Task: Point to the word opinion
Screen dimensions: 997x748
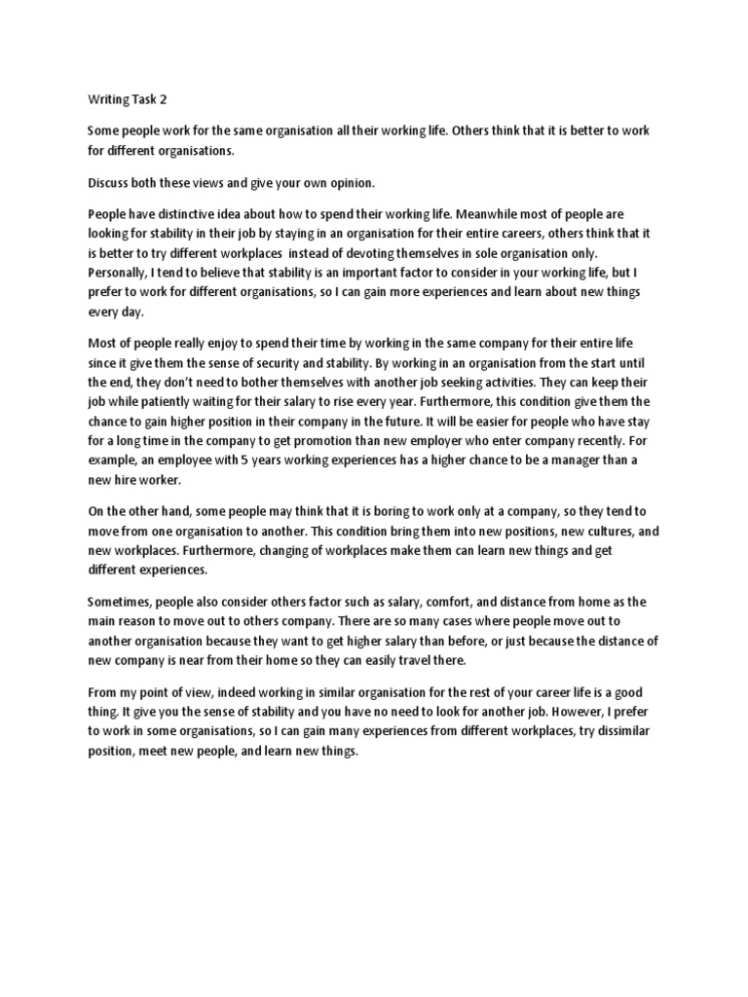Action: (x=319, y=183)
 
